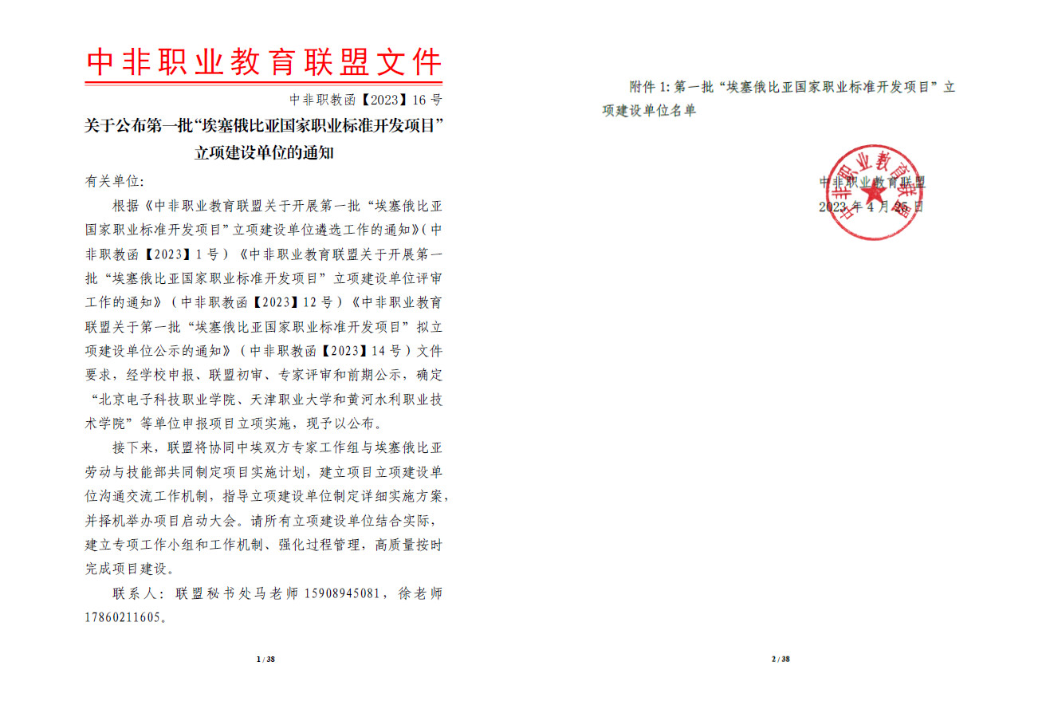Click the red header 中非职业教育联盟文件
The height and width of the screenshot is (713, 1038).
(x=263, y=62)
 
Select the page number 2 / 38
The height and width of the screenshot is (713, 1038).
(x=780, y=659)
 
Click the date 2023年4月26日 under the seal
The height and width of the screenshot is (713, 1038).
(x=871, y=207)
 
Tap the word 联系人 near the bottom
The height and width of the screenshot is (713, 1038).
(x=134, y=593)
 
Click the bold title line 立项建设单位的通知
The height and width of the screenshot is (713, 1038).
(x=264, y=153)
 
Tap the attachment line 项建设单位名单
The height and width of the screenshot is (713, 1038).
(x=649, y=111)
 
